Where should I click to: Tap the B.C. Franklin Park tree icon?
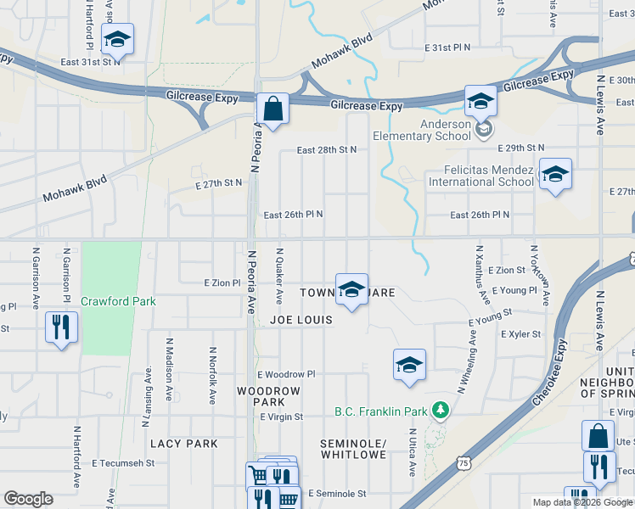tap(440, 411)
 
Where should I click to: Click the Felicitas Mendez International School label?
tap(481, 176)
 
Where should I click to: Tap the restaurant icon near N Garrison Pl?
tap(61, 327)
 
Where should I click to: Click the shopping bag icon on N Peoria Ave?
tap(273, 109)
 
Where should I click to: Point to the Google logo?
tap(29, 499)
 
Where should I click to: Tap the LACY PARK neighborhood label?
tap(184, 444)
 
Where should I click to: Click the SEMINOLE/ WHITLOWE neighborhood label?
tap(354, 450)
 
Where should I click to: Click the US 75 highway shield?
tap(463, 462)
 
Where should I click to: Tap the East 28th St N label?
tap(326, 150)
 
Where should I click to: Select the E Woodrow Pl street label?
tap(286, 374)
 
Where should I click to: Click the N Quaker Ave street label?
tap(279, 277)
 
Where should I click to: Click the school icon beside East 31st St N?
tap(117, 39)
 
